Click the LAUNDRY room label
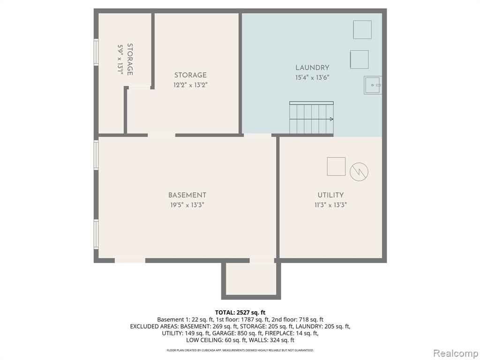click(312, 67)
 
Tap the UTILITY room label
click(330, 195)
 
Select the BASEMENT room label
click(187, 195)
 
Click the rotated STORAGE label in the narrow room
click(130, 60)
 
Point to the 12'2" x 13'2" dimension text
click(190, 85)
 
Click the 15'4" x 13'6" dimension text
click(312, 77)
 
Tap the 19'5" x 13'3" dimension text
click(187, 205)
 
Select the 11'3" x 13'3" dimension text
click(330, 205)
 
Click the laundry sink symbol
click(373, 85)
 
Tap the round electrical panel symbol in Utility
click(359, 172)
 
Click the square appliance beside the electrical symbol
click(336, 166)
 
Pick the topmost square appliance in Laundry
click(362, 30)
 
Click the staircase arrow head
click(332, 119)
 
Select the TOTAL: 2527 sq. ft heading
click(240, 313)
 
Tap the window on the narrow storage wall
click(96, 52)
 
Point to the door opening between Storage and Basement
click(162, 135)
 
